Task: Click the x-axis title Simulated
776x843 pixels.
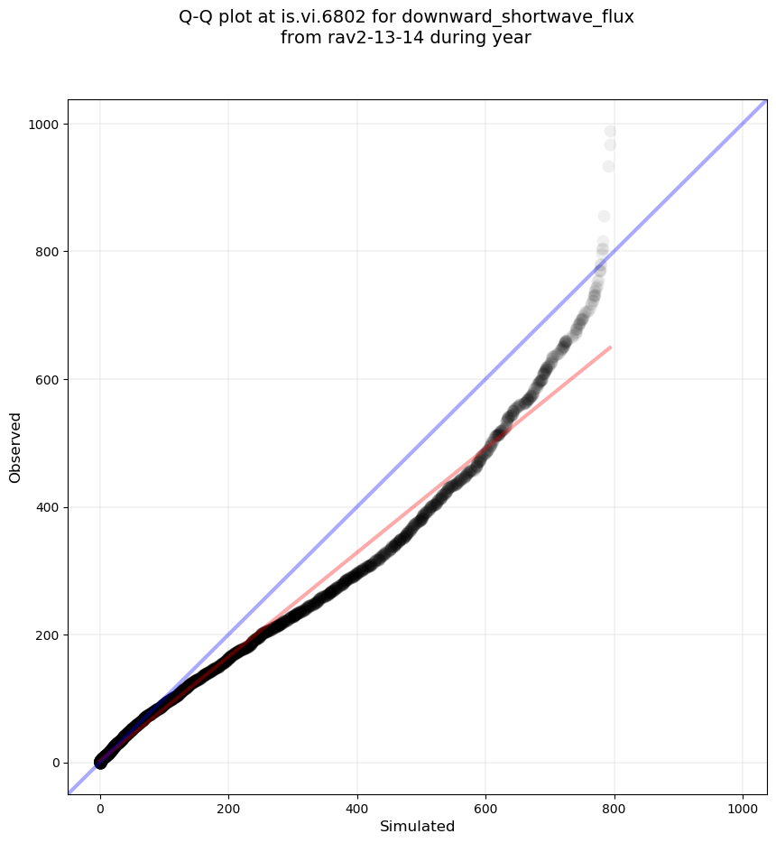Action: click(x=417, y=826)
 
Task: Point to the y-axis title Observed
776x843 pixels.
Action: click(x=15, y=447)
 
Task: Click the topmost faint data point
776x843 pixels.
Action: click(x=610, y=132)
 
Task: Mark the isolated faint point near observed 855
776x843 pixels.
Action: click(x=604, y=216)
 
